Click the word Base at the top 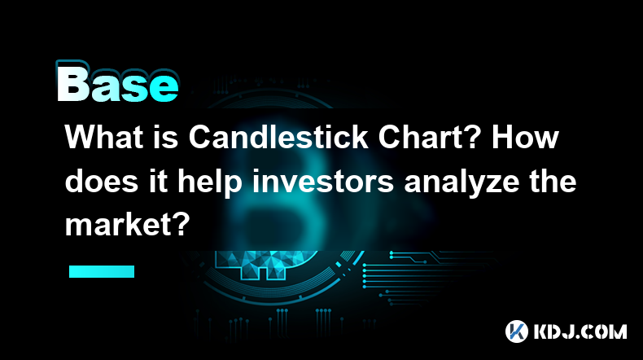[117, 82]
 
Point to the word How [525, 137]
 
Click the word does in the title [101, 181]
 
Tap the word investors [323, 181]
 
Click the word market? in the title [128, 225]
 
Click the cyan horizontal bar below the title [102, 271]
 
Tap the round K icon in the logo [517, 331]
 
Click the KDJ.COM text [580, 331]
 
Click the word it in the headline [158, 181]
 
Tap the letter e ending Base [164, 88]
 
